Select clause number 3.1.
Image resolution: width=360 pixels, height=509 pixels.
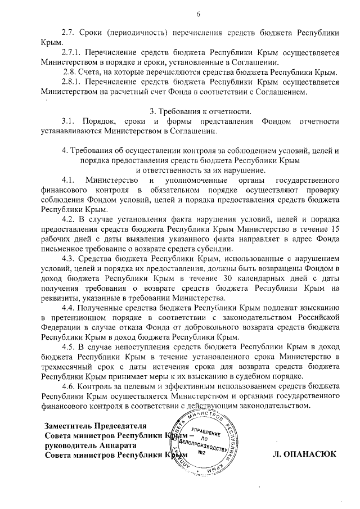click(x=67, y=121)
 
